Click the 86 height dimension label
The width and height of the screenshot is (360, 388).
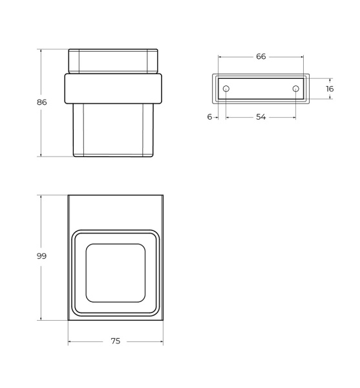coord(42,102)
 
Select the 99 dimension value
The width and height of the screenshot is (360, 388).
coord(41,256)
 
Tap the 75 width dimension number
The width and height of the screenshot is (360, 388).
coord(116,341)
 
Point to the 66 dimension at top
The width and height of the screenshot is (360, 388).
coord(261,57)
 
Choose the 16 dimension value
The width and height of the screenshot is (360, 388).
coord(330,89)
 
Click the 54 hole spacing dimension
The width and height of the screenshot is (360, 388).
coord(261,117)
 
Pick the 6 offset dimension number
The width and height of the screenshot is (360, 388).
coord(209,117)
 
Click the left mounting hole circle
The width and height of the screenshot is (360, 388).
coord(226,89)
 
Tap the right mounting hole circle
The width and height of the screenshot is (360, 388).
coord(296,89)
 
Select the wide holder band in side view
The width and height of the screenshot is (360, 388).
coord(113,89)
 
